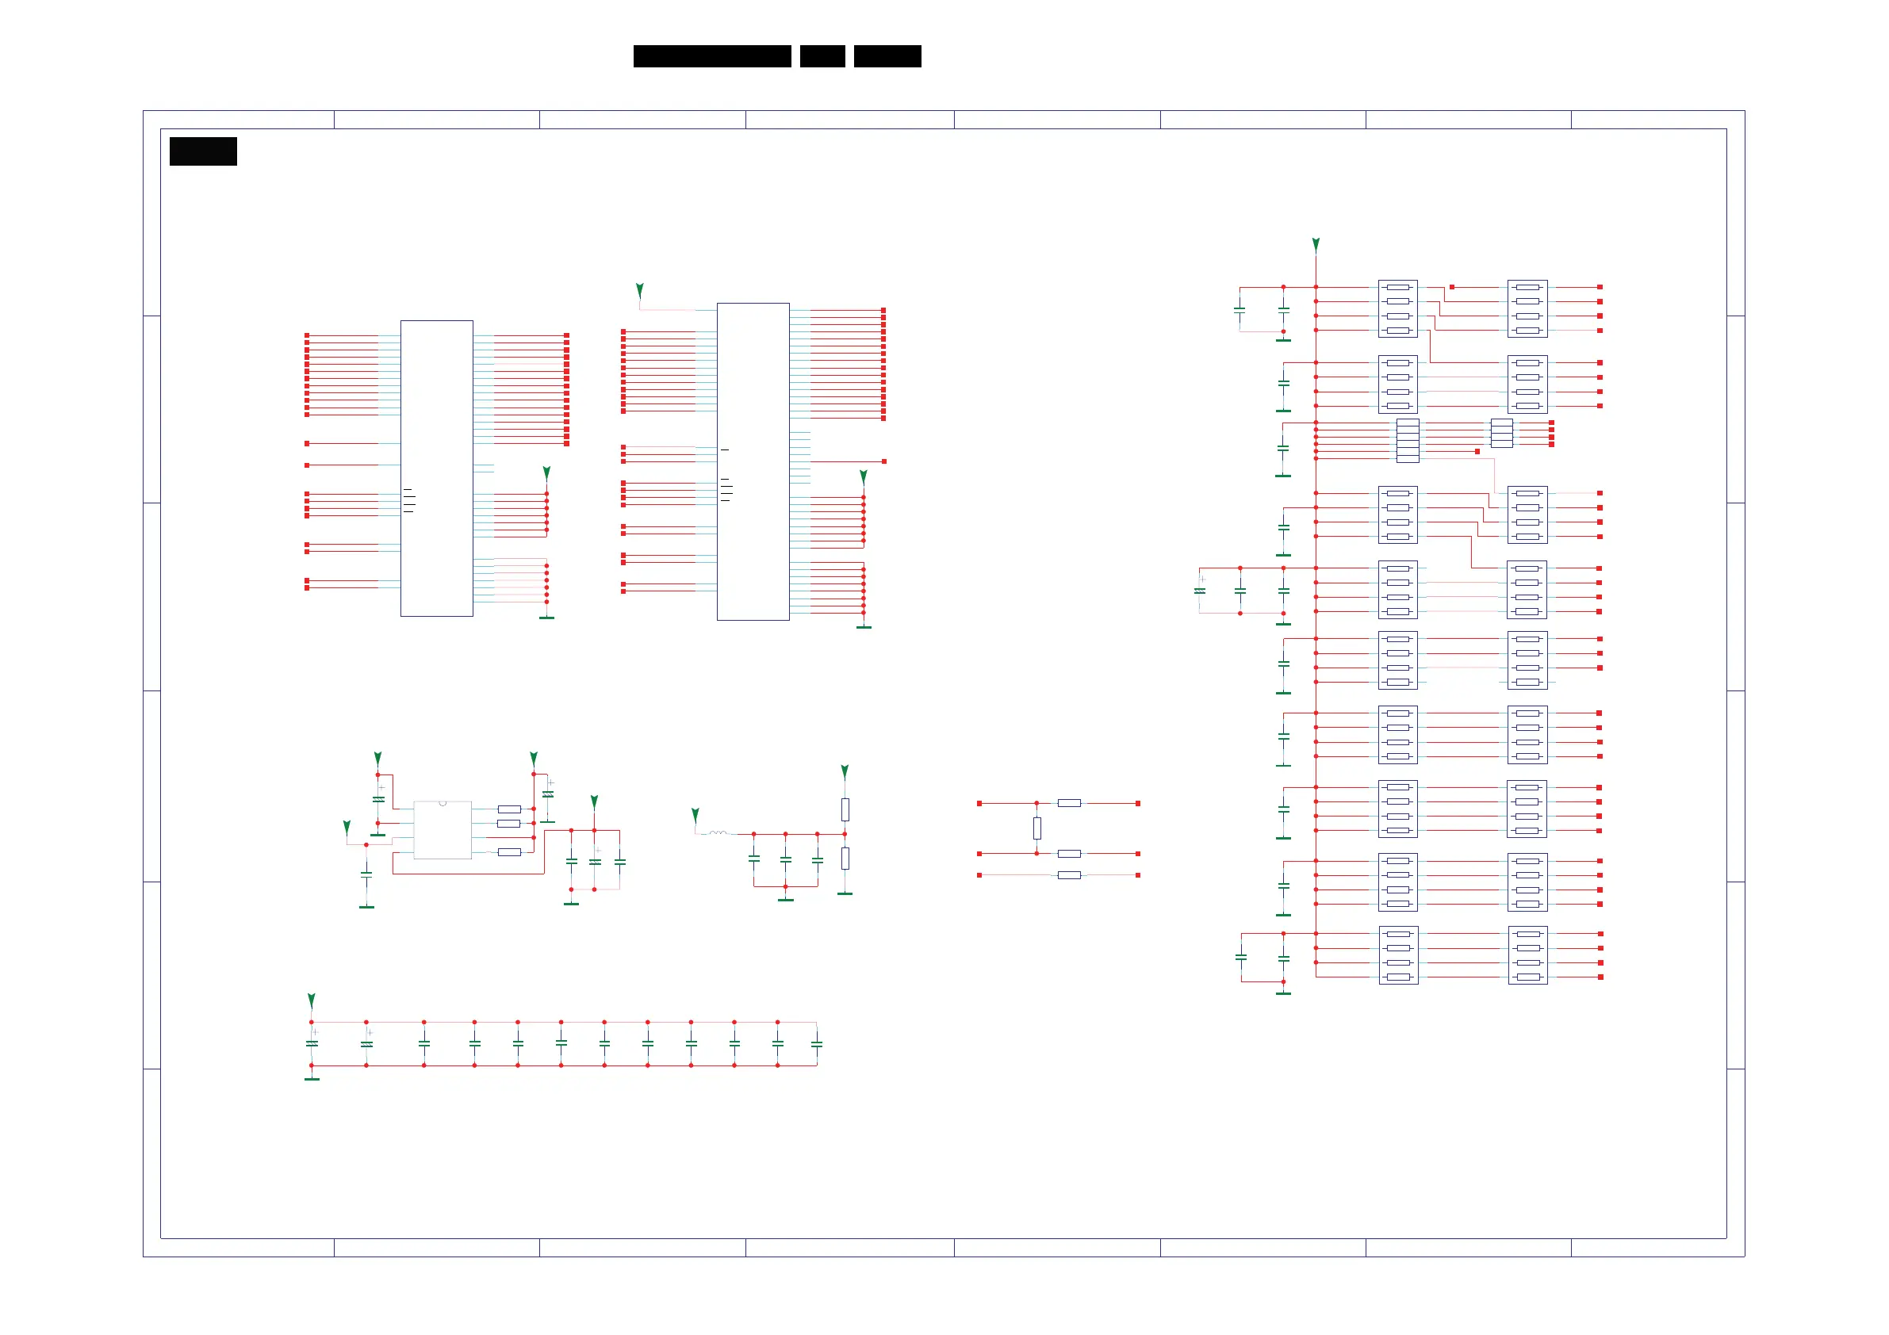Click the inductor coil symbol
[x=718, y=833]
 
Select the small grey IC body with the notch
[x=443, y=830]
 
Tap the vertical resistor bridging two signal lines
[x=1036, y=828]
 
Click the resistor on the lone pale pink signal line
[x=1069, y=875]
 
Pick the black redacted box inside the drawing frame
[x=203, y=151]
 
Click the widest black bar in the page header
[x=711, y=56]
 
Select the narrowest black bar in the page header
[x=822, y=56]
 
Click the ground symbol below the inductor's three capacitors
[x=786, y=899]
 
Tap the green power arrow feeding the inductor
[x=695, y=815]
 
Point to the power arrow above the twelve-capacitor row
[x=312, y=1000]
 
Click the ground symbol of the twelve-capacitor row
[x=312, y=1077]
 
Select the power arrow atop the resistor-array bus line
[x=1316, y=244]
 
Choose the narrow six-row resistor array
[x=1408, y=441]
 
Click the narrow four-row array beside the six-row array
[x=1501, y=434]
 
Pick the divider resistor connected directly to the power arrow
[x=845, y=809]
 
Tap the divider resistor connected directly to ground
[x=845, y=858]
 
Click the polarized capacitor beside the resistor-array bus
[x=1200, y=590]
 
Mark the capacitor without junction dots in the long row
[x=817, y=1044]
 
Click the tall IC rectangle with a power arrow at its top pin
[x=753, y=461]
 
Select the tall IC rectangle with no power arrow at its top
[x=437, y=468]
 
